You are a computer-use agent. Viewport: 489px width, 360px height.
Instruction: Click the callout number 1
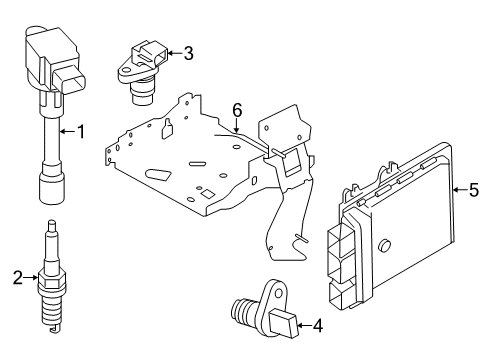[83, 131]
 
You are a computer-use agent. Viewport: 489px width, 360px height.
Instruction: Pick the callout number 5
[474, 189]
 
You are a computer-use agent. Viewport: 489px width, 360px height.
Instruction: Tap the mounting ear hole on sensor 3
[127, 70]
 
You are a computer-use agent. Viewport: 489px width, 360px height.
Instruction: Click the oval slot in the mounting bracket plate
[158, 173]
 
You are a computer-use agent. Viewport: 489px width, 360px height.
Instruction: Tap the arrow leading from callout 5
[456, 189]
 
